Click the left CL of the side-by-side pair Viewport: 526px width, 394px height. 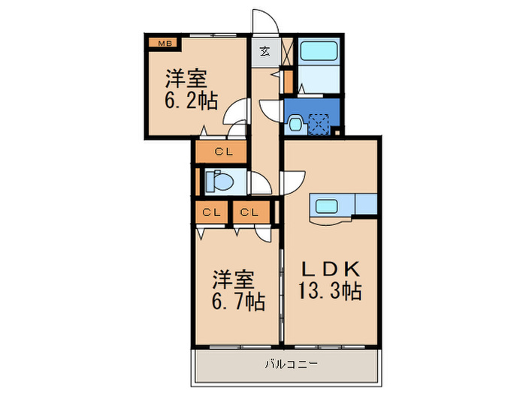(211, 212)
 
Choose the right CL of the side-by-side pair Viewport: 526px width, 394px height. (250, 212)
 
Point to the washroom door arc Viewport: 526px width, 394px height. (270, 110)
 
